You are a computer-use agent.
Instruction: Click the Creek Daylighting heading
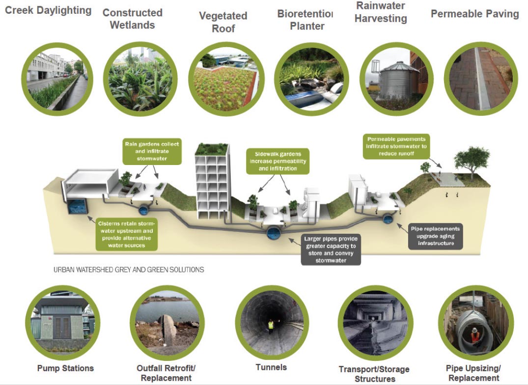pyautogui.click(x=48, y=10)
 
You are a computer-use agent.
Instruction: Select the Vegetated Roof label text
pyautogui.click(x=223, y=22)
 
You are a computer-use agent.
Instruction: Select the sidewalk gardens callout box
pyautogui.click(x=278, y=161)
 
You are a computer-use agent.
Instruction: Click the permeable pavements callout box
pyautogui.click(x=396, y=146)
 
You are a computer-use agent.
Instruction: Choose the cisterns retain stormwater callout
pyautogui.click(x=129, y=233)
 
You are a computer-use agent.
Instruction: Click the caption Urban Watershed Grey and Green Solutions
pyautogui.click(x=129, y=270)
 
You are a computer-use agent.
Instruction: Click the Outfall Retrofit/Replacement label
pyautogui.click(x=166, y=373)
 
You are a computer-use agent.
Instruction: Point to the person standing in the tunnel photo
pyautogui.click(x=271, y=325)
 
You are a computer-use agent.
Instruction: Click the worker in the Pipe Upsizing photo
pyautogui.click(x=474, y=335)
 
